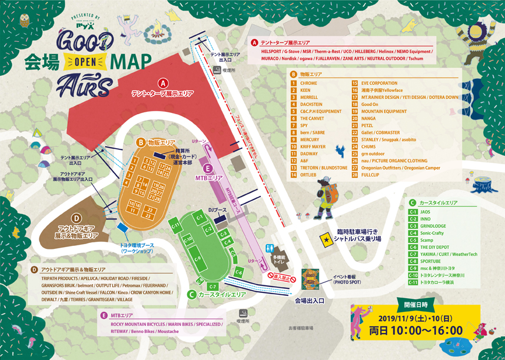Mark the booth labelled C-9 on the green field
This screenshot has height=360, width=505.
[x=198, y=259]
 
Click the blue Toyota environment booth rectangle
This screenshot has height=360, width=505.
[x=123, y=228]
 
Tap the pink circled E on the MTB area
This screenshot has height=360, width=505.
[x=211, y=168]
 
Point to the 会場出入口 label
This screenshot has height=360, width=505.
[x=310, y=300]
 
